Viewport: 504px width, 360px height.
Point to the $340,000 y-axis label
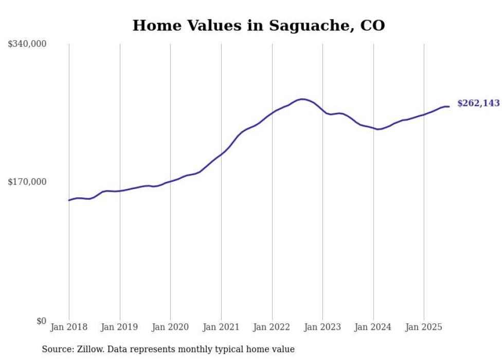(x=27, y=44)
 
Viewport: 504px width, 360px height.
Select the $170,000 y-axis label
(x=27, y=182)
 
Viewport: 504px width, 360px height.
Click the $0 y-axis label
(x=41, y=321)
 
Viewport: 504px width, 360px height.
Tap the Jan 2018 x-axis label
(x=69, y=327)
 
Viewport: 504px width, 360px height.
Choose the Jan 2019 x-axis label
(x=120, y=327)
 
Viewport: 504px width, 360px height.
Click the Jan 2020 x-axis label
(x=170, y=327)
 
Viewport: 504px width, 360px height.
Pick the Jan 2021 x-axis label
(x=221, y=327)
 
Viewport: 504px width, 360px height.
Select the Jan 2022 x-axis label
(x=272, y=327)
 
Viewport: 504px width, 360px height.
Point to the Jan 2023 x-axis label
(x=322, y=327)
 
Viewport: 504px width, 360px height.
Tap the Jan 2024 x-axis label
(x=373, y=327)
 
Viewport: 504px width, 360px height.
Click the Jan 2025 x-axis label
(x=424, y=327)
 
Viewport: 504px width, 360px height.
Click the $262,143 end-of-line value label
(x=478, y=104)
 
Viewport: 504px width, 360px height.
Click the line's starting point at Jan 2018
(x=69, y=200)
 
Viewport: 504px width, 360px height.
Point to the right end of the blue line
(x=449, y=107)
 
